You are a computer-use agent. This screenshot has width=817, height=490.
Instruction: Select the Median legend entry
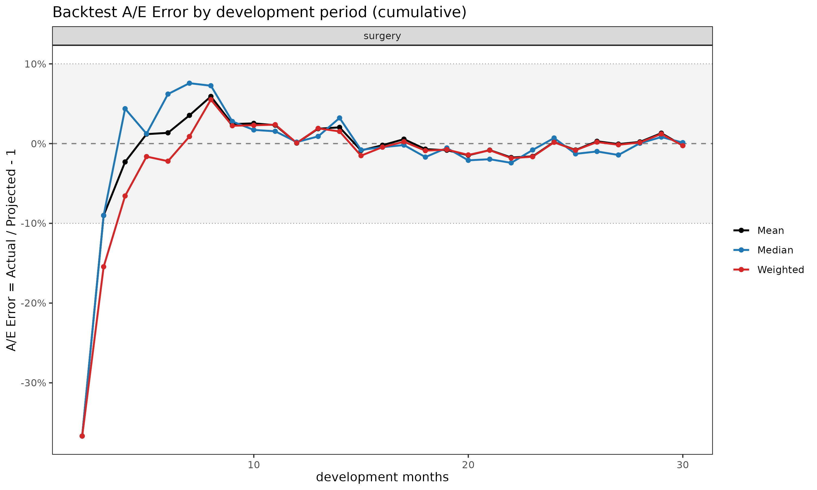pos(763,250)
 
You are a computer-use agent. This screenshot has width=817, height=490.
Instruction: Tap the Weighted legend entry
pos(769,270)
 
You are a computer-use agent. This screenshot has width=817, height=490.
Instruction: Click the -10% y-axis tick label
pos(33,223)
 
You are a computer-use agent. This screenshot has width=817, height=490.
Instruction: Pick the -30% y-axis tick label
pos(33,383)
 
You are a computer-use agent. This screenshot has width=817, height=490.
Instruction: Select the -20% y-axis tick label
pos(33,303)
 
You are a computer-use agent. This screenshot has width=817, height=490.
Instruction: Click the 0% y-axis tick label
pos(39,144)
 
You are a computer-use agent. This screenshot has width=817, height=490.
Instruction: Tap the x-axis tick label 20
pos(468,465)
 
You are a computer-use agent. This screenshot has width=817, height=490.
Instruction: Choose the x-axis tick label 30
pos(682,465)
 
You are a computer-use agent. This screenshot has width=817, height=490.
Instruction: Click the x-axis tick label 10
pos(254,465)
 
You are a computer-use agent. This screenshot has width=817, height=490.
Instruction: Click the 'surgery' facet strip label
pos(382,36)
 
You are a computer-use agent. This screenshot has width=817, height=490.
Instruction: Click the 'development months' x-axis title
pos(382,477)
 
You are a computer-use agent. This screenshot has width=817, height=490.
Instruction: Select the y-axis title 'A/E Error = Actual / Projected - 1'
pos(11,250)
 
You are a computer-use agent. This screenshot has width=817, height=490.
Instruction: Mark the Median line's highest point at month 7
pos(189,83)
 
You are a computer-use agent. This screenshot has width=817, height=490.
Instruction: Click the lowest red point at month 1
pos(82,436)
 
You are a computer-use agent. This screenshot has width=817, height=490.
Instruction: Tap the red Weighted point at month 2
pos(103,267)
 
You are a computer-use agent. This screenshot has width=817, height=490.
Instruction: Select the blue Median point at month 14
pos(340,118)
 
